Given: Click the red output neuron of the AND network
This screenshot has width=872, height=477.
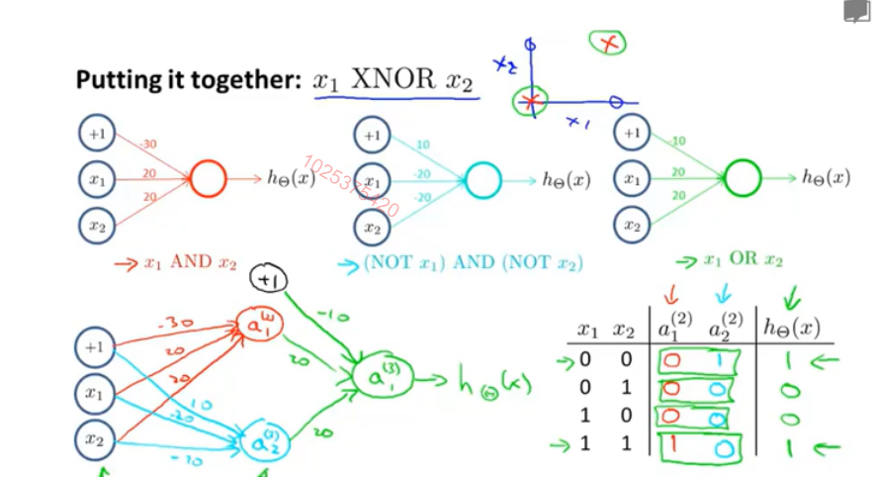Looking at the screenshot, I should pyautogui.click(x=209, y=179).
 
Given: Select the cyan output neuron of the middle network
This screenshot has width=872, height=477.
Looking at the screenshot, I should pyautogui.click(x=482, y=180).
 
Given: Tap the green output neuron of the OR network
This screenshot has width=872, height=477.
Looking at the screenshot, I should pyautogui.click(x=743, y=178).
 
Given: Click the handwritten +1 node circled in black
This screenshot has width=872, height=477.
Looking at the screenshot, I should pyautogui.click(x=267, y=281).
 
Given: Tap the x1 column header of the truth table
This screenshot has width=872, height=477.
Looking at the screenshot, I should pyautogui.click(x=588, y=330).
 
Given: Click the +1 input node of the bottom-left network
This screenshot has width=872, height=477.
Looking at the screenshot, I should pyautogui.click(x=95, y=347).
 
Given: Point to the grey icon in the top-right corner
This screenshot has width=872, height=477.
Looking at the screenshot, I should pyautogui.click(x=856, y=12).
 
